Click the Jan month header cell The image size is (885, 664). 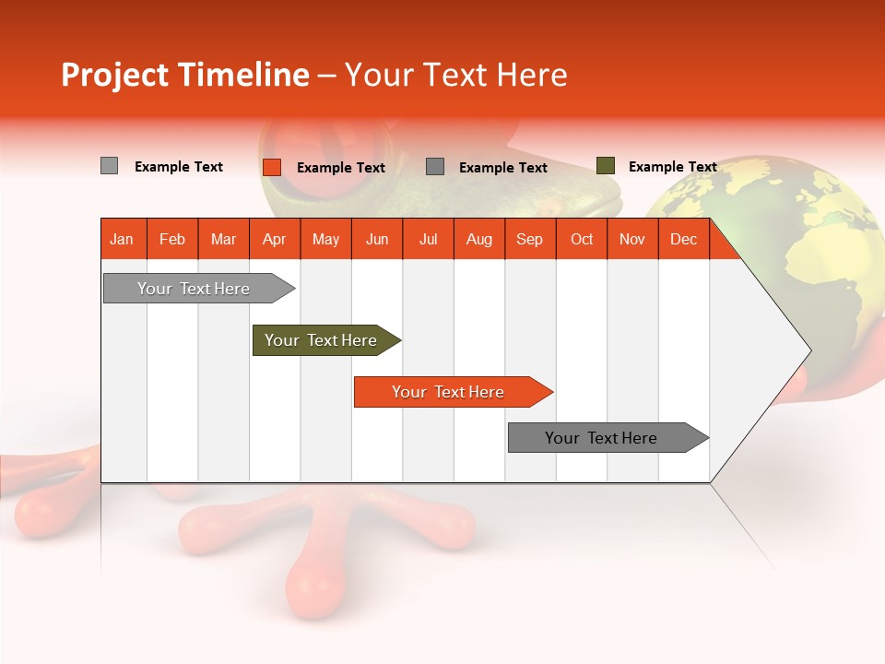pos(123,239)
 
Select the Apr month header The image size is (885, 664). pos(275,239)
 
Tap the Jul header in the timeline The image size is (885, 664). pos(428,239)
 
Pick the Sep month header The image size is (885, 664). pos(529,239)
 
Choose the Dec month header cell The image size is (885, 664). pos(683,239)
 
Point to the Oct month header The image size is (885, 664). pos(581,239)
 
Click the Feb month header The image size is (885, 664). pos(172,239)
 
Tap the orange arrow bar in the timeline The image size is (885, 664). pos(449,392)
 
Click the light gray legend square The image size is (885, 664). pos(110,166)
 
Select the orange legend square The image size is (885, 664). pos(272,167)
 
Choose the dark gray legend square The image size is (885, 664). pos(435,167)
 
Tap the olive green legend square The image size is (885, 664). pos(606,166)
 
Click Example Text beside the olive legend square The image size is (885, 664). pos(672,167)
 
